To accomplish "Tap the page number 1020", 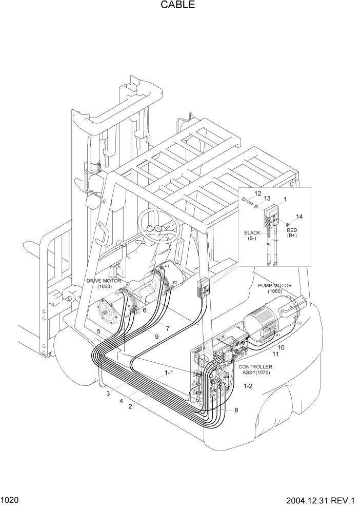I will [x=10, y=500].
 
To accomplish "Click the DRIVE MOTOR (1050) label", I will [x=104, y=283].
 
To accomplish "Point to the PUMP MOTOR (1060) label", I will [x=275, y=288].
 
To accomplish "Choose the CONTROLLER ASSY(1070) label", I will [x=255, y=370].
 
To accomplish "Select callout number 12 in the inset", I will [x=258, y=193].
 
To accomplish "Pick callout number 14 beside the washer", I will [x=299, y=217].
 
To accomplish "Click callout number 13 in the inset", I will [x=267, y=199].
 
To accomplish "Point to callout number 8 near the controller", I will [x=236, y=410].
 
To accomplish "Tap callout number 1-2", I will [x=248, y=385].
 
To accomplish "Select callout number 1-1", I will [x=168, y=373].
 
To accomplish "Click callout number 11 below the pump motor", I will [x=275, y=354].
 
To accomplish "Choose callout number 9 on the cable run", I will [x=156, y=337].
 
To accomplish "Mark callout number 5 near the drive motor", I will [x=98, y=332].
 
